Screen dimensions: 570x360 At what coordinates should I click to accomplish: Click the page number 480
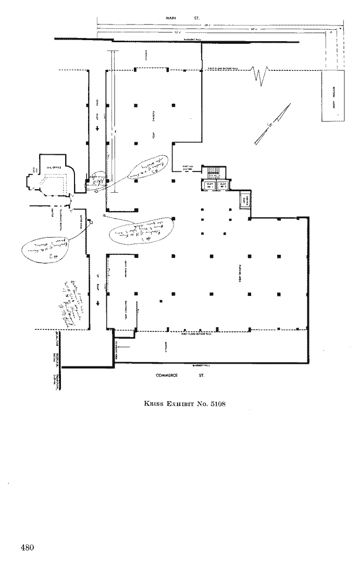[x=28, y=547]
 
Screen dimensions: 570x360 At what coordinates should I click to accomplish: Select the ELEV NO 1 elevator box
[x=210, y=185]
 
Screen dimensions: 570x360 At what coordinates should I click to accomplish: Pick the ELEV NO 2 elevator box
[x=224, y=185]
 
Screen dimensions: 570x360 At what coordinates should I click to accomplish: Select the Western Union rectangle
[x=332, y=96]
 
